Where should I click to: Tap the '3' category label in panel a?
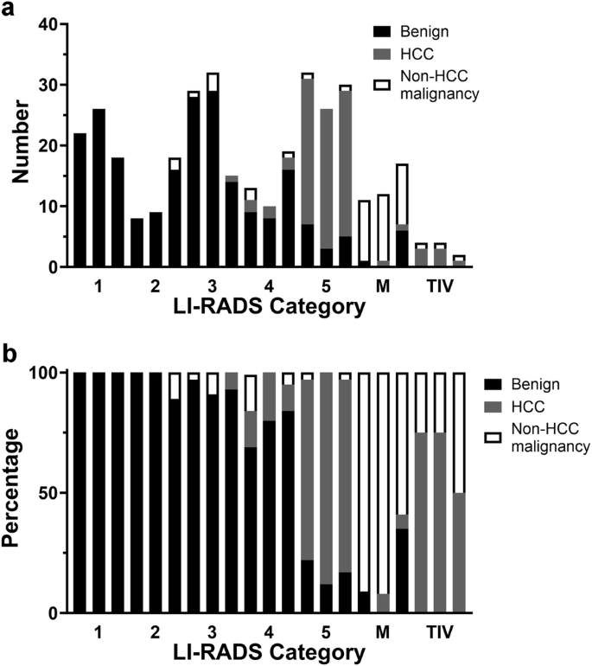(x=213, y=285)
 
